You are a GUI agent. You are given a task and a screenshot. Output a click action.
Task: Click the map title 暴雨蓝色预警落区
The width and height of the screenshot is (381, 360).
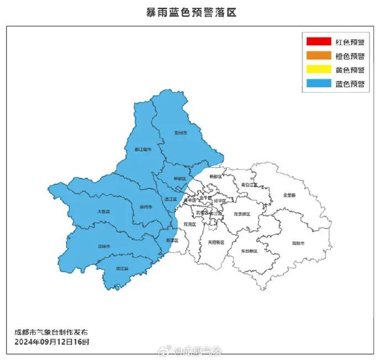pos(191,13)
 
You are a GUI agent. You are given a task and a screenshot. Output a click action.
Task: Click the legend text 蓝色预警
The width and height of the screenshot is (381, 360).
pos(350,84)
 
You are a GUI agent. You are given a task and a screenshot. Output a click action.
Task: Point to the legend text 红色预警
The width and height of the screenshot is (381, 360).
pos(350,41)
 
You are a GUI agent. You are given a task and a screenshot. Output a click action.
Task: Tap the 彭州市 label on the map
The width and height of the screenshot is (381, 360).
pos(181,133)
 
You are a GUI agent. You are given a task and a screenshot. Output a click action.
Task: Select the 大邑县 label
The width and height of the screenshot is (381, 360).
pos(103,211)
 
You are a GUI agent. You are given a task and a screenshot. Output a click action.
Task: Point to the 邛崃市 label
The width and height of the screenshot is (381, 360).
pos(104,246)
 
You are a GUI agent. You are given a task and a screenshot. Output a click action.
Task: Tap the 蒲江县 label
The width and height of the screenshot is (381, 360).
pos(122,268)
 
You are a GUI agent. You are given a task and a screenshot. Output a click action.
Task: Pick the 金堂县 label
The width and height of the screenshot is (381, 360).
pos(289,195)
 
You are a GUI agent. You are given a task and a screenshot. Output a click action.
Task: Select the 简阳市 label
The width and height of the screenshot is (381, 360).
pos(298,243)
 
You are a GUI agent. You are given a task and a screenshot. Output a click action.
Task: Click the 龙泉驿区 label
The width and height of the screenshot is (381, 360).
pos(242,214)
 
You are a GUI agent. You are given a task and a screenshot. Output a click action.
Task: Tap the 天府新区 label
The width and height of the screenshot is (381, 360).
pos(216,242)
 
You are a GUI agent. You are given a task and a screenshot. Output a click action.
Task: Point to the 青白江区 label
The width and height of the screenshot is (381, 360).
pos(250,185)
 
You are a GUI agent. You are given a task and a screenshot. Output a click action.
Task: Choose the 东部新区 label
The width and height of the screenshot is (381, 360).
pos(250,251)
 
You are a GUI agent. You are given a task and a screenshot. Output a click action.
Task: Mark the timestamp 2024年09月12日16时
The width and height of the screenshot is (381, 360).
pos(51,342)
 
